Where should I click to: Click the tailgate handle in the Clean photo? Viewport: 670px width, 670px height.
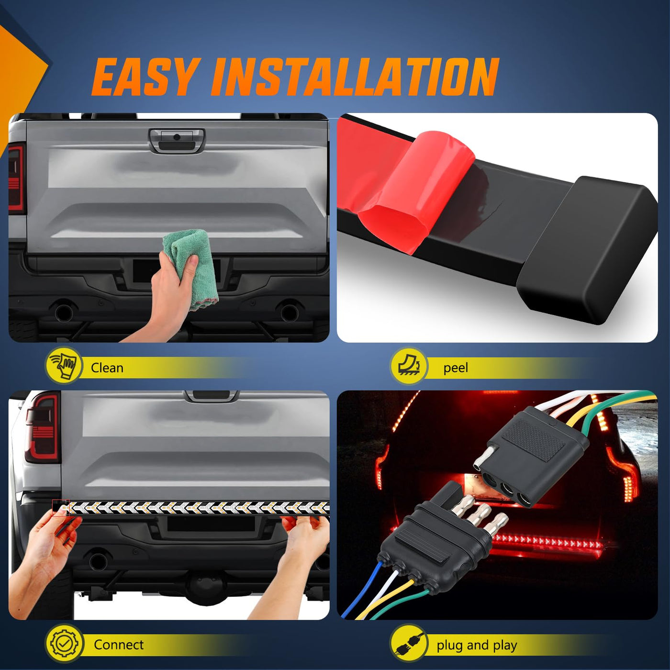click(x=177, y=140)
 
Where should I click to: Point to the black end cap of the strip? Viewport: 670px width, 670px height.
click(x=588, y=250)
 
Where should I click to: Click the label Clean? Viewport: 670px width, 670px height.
click(x=107, y=368)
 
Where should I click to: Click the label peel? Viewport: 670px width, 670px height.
click(x=456, y=368)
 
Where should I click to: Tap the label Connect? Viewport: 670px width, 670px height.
click(x=119, y=645)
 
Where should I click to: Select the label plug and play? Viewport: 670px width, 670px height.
click(x=477, y=645)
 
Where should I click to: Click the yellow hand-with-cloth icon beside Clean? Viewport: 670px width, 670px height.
click(x=64, y=366)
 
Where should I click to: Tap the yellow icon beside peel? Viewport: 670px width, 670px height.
click(x=409, y=366)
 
